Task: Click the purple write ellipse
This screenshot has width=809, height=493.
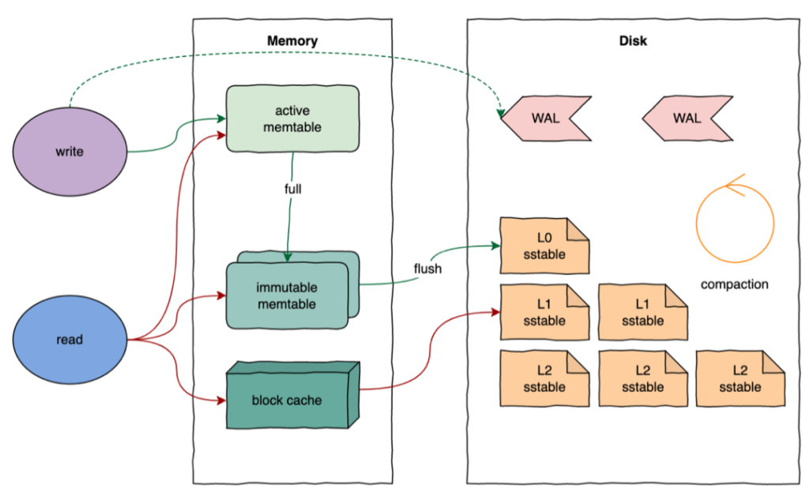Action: pyautogui.click(x=70, y=151)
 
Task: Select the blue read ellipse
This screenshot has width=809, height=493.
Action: pyautogui.click(x=70, y=340)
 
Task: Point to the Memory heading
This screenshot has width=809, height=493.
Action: pyautogui.click(x=292, y=41)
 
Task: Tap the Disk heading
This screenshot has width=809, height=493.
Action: pyautogui.click(x=632, y=41)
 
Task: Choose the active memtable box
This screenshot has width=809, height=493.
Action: pyautogui.click(x=292, y=119)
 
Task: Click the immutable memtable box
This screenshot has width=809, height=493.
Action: pyautogui.click(x=286, y=294)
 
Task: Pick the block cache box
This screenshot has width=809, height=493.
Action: pyautogui.click(x=287, y=400)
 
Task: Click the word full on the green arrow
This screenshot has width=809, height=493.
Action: pyautogui.click(x=293, y=190)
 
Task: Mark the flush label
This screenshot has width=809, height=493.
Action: pyautogui.click(x=427, y=269)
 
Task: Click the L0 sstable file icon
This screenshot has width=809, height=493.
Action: pyautogui.click(x=544, y=245)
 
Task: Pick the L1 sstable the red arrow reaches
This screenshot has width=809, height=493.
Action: pyautogui.click(x=544, y=312)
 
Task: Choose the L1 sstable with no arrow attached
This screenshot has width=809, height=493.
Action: pyautogui.click(x=642, y=312)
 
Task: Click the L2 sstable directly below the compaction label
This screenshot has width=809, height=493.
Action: pyautogui.click(x=740, y=379)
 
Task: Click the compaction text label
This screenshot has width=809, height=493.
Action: pyautogui.click(x=734, y=284)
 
